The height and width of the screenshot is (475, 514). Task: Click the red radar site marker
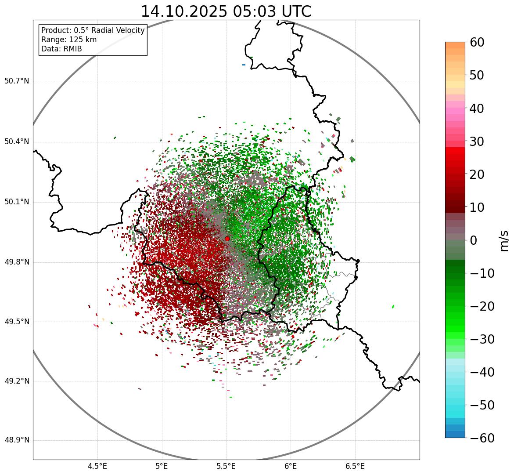tap(227, 239)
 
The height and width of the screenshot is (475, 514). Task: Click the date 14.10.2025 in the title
tap(183, 11)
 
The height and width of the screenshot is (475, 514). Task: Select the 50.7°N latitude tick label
tap(17, 81)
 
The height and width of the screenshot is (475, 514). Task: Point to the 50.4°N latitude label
tap(17, 141)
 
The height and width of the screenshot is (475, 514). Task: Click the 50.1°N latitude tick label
tap(17, 202)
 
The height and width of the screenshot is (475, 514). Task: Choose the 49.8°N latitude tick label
tap(17, 262)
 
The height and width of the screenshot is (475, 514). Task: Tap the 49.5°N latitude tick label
tap(17, 322)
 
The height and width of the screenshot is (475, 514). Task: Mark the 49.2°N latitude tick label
tap(17, 381)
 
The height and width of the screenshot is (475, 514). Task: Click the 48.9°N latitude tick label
tap(17, 440)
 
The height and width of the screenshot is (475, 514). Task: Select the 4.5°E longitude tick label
tap(97, 466)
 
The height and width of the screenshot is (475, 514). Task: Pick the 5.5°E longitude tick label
tap(226, 466)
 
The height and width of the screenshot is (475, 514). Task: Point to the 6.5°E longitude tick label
tap(355, 466)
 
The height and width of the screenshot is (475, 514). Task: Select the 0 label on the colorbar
tap(473, 240)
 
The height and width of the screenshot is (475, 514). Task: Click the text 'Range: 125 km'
tap(69, 40)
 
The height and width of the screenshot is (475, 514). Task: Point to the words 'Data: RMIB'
tap(61, 49)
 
